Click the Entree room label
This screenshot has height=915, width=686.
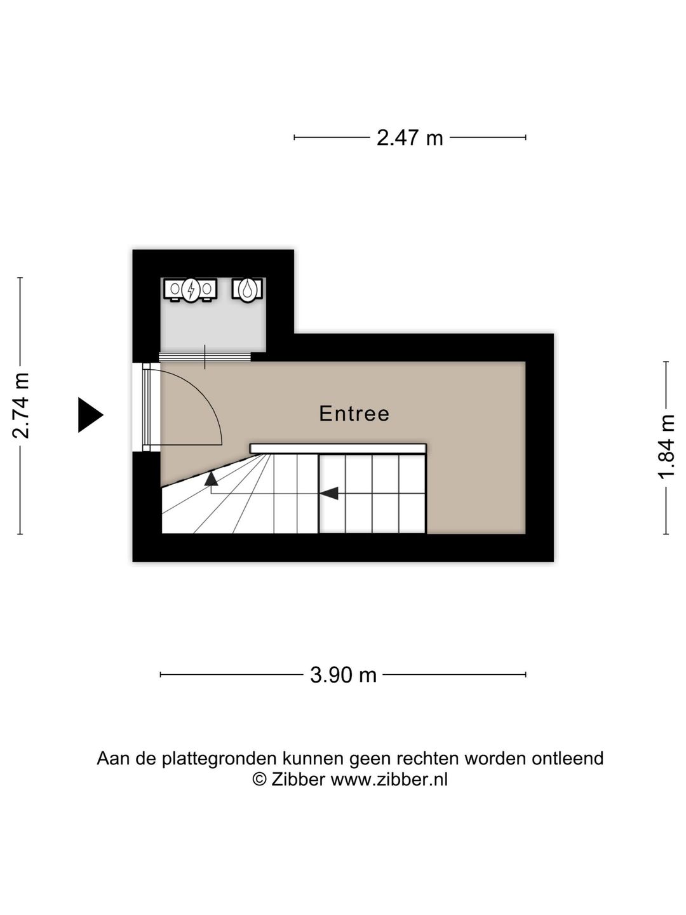pyautogui.click(x=354, y=414)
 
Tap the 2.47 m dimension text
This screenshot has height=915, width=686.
pyautogui.click(x=410, y=137)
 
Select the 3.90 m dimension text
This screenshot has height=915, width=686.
pyautogui.click(x=343, y=675)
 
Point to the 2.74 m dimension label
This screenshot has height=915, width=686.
pyautogui.click(x=22, y=406)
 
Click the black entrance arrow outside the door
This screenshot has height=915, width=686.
pyautogui.click(x=89, y=415)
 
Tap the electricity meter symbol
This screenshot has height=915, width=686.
pyautogui.click(x=191, y=290)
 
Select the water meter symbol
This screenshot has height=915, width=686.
pyautogui.click(x=247, y=290)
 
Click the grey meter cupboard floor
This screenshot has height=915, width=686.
pyautogui.click(x=212, y=327)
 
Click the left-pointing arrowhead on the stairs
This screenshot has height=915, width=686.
pyautogui.click(x=328, y=492)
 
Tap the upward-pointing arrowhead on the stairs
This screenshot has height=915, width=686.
pyautogui.click(x=211, y=477)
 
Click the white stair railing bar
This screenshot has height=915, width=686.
pyautogui.click(x=338, y=449)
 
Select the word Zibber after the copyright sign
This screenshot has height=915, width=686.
pyautogui.click(x=298, y=779)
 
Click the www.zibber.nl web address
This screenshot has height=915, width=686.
pyautogui.click(x=389, y=779)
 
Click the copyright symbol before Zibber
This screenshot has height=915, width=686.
pyautogui.click(x=259, y=779)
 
